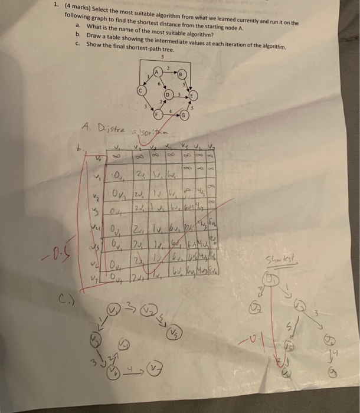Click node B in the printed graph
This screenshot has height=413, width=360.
click(x=182, y=75)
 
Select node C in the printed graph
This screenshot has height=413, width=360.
click(x=140, y=91)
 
